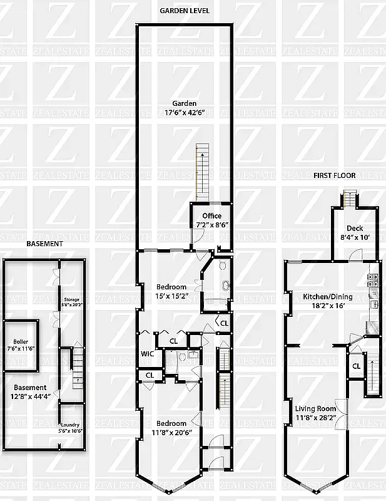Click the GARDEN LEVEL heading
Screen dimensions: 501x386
pos(185,11)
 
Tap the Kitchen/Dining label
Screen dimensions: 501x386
pos(328,301)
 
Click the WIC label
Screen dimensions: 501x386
pos(147,354)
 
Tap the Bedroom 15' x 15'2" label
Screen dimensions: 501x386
pos(171,291)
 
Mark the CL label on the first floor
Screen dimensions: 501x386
pos(356,366)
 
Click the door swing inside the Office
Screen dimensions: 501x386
pos(196,237)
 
